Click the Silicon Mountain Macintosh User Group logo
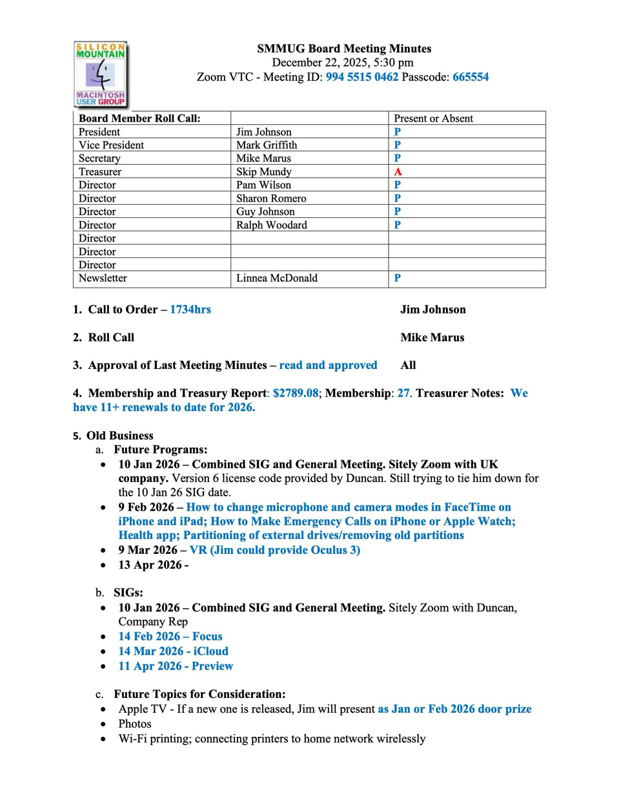101,74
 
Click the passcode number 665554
471,77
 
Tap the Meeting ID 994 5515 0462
361,77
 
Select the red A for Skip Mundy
398,172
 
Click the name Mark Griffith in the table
267,145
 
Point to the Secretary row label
99,158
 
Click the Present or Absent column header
433,118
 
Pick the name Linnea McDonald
276,278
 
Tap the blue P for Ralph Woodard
398,225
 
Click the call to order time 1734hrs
190,310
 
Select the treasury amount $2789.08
296,393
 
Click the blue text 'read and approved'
328,365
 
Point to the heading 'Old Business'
119,436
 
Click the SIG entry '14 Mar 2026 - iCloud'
173,651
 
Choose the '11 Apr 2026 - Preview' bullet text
176,666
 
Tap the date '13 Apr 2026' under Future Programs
150,565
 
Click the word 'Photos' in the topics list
134,724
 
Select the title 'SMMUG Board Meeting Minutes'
344,48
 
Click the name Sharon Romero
271,198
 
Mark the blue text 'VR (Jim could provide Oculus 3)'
274,550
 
